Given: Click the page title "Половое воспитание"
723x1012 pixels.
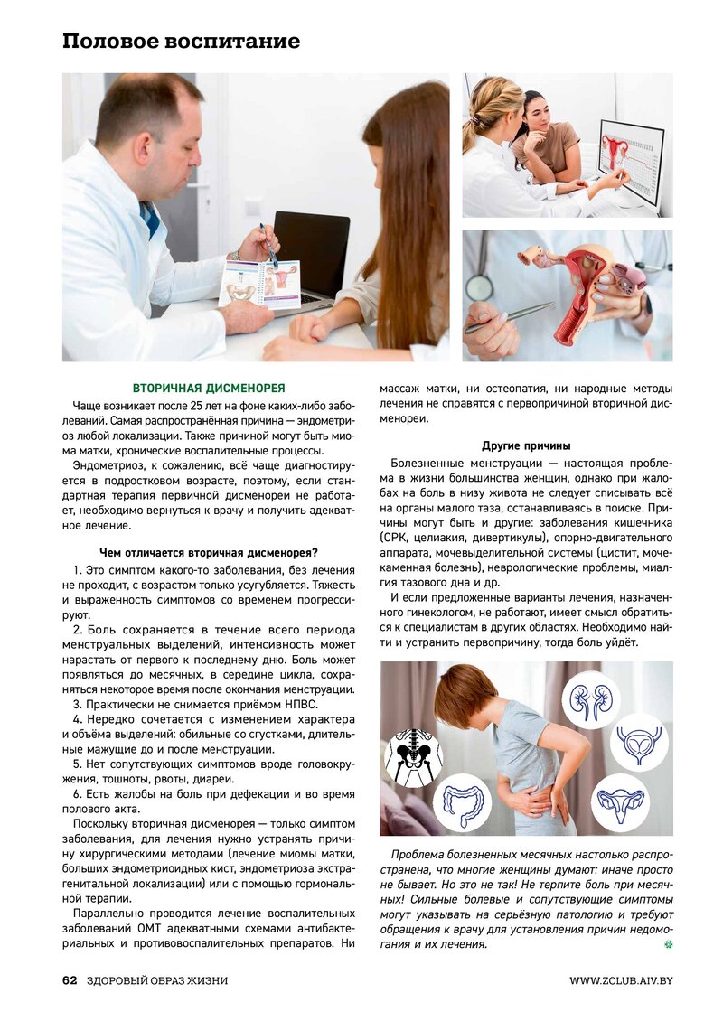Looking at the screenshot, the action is tap(181, 42).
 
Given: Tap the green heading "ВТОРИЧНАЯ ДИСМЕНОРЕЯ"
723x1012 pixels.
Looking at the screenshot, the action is tap(209, 388).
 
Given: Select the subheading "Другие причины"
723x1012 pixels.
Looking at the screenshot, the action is tap(526, 446).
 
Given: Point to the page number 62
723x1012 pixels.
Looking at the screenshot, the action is tap(70, 980).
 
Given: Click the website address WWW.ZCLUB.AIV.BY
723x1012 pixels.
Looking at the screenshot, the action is tap(621, 980).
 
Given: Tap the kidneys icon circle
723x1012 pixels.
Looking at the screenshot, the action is tap(590, 697).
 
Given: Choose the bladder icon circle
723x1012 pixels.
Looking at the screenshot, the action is tap(639, 742).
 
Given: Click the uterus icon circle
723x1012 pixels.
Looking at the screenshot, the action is tap(620, 801).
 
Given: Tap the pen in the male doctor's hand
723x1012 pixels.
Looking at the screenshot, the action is tap(268, 245).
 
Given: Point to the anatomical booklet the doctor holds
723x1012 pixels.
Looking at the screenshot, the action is tap(260, 284).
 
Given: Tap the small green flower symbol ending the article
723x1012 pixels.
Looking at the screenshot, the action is tap(669, 944).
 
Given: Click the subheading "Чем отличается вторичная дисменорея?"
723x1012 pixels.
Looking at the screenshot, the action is tap(209, 553).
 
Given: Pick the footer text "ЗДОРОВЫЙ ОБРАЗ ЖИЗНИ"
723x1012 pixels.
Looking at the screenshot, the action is tap(157, 980).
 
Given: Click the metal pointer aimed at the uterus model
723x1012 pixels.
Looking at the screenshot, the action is tap(510, 318).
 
